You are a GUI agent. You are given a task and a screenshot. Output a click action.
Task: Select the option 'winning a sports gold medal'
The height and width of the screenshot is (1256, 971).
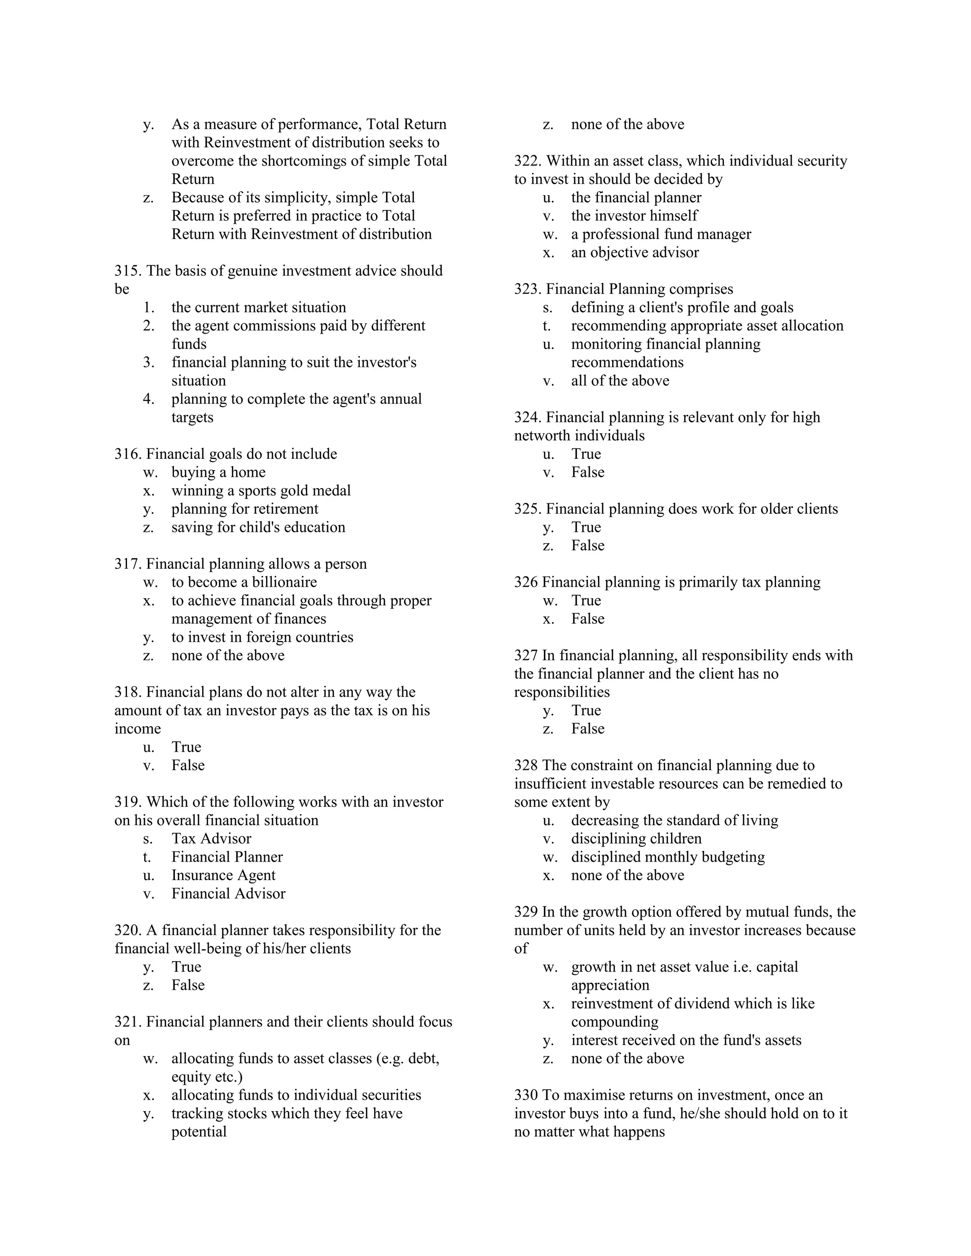coord(261,491)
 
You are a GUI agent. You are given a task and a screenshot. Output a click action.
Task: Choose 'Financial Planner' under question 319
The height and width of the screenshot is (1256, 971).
coord(227,857)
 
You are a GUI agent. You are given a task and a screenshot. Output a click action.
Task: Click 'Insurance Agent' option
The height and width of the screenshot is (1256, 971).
coord(223,875)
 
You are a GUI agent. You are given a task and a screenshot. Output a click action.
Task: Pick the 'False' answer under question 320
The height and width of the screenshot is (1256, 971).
coord(188,985)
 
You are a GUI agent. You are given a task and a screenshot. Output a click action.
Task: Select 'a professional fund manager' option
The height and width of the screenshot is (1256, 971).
coord(660,234)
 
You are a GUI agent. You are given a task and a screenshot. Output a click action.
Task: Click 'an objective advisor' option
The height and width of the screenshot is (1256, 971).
coord(634,253)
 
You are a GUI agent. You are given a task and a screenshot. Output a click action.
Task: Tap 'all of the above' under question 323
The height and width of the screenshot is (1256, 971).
coord(620,381)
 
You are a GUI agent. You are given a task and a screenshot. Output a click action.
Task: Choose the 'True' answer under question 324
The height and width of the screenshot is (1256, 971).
coord(586,454)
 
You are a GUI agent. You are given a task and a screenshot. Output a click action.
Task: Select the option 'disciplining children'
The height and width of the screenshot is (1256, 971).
coord(636,838)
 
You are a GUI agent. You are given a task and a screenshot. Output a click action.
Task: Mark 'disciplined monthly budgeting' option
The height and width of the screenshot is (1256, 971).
coord(667,857)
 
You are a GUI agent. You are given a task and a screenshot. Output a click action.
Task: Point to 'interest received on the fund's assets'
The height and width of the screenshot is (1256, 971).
coord(686,1040)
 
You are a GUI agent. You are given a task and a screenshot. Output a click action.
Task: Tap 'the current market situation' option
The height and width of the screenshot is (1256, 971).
coord(258,307)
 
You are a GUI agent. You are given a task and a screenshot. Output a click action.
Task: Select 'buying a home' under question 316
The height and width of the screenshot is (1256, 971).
coord(218,472)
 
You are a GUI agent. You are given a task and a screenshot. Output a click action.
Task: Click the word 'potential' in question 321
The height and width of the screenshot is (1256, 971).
coord(199,1132)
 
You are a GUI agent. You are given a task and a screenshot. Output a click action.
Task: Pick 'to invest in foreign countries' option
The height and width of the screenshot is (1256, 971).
coord(262,637)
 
